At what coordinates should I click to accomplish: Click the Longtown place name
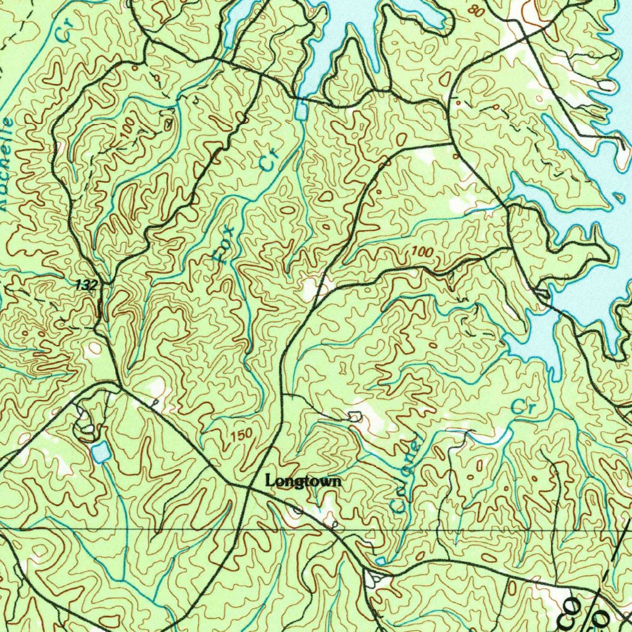302,481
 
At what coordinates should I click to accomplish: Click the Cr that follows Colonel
522,408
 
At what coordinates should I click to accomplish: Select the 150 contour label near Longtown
241,434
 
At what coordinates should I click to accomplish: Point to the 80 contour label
475,10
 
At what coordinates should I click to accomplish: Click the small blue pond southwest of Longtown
99,452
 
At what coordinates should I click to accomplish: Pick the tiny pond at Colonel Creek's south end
381,560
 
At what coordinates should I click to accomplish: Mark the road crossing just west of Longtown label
246,488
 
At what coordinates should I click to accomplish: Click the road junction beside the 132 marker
109,285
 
